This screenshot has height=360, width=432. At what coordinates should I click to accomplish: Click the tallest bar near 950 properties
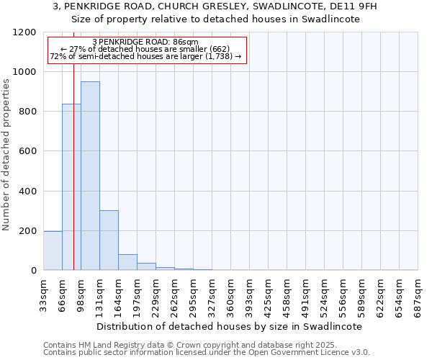pyautogui.click(x=90, y=176)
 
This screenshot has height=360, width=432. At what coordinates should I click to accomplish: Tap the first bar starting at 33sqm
pyautogui.click(x=53, y=251)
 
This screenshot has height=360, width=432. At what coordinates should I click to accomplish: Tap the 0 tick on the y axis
pyautogui.click(x=33, y=271)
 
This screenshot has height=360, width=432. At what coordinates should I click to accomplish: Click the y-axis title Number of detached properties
pyautogui.click(x=7, y=156)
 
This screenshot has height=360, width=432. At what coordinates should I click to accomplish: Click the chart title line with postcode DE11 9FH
pyautogui.click(x=215, y=6)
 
